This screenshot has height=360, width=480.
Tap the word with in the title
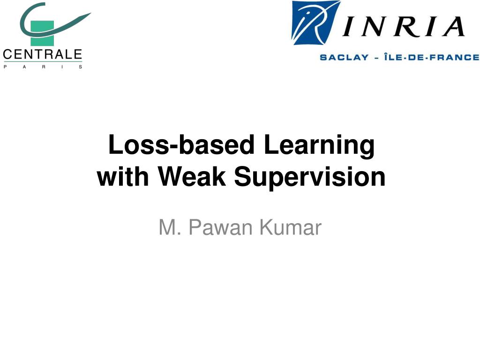coord(124,177)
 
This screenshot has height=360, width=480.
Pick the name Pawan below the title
coord(221,228)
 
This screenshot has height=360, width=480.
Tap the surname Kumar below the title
coord(291,228)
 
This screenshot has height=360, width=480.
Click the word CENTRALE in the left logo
coord(43,54)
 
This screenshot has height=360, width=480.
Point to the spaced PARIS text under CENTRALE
coord(43,67)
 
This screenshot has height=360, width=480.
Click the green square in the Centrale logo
coord(42,32)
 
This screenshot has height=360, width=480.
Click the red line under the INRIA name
coord(398,46)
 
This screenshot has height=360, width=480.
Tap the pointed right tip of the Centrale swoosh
coord(90,15)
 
